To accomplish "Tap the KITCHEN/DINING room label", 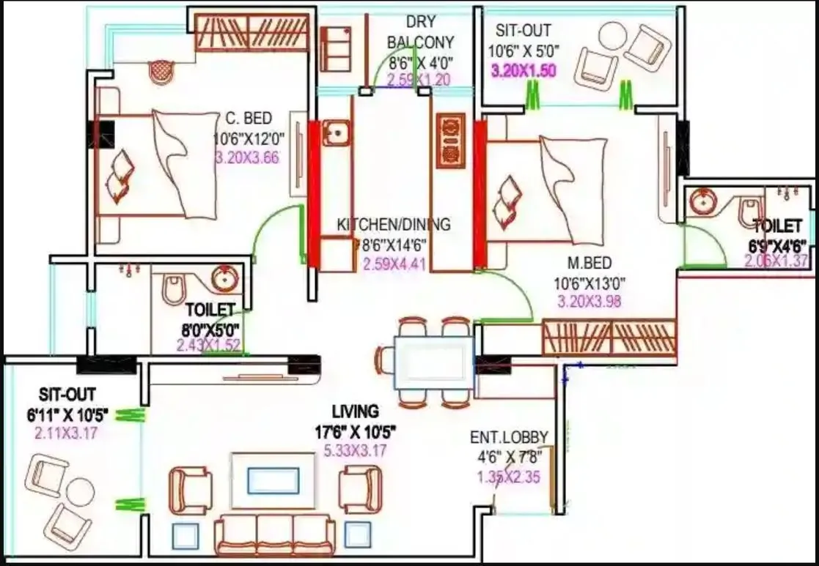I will click(x=394, y=225).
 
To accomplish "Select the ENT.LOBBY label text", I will click(x=509, y=438).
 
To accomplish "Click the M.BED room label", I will click(x=583, y=263).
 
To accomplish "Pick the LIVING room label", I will click(x=355, y=411).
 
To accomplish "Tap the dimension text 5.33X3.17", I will click(x=355, y=451).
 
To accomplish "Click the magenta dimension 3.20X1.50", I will click(x=523, y=71).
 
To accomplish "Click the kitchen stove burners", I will click(x=450, y=139).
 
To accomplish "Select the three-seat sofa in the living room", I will click(x=274, y=535).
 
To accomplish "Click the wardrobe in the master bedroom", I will click(x=609, y=338).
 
